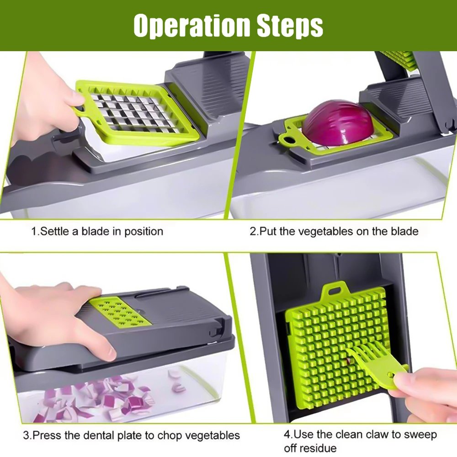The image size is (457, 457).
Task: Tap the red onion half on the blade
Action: coord(338,122)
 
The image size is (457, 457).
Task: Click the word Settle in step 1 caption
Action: coord(55,231)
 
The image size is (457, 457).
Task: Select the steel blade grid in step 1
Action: coord(133,112)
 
